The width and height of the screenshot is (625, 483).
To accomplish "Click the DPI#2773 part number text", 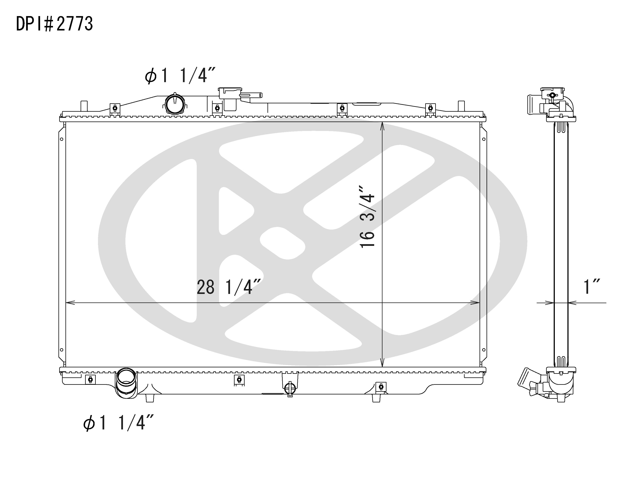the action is tap(54, 24).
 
